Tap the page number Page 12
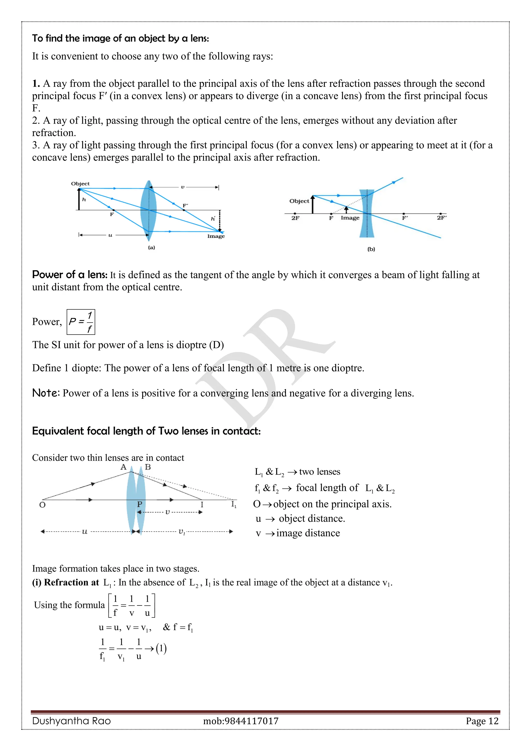(x=482, y=721)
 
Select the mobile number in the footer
(x=241, y=721)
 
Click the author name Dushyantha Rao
(x=72, y=721)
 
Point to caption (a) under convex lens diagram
(x=151, y=248)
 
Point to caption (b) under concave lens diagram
(x=371, y=249)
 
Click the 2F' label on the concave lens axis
(x=441, y=218)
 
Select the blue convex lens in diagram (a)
(x=149, y=209)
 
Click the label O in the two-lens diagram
(x=42, y=505)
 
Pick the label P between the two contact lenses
(x=139, y=504)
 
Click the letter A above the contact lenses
(x=123, y=467)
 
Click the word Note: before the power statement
(x=46, y=393)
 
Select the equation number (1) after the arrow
(x=161, y=648)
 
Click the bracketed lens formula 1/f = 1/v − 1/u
(x=131, y=606)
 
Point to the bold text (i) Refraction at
(x=65, y=582)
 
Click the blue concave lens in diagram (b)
(x=367, y=213)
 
